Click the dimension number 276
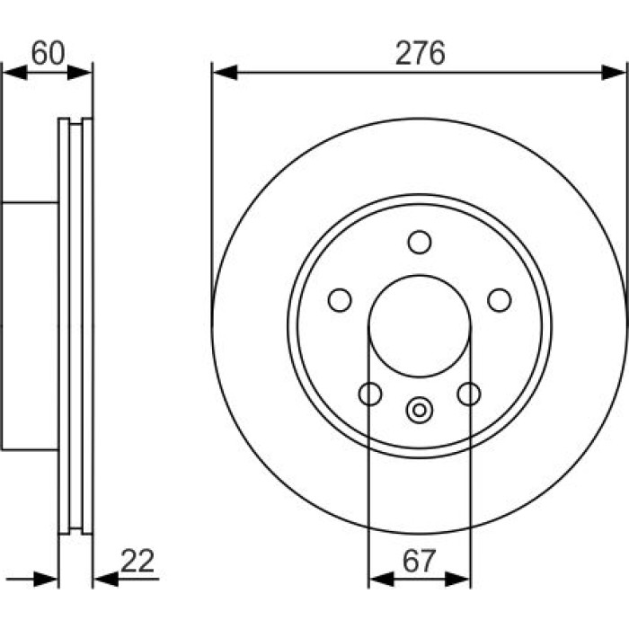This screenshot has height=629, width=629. [420, 53]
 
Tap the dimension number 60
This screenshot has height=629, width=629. [48, 53]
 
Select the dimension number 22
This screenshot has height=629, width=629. [137, 561]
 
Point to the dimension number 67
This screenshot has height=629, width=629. [419, 562]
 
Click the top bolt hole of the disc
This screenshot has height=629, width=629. [420, 243]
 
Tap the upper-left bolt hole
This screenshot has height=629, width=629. [340, 300]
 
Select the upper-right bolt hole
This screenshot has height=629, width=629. [500, 300]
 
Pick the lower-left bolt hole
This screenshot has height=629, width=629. [370, 394]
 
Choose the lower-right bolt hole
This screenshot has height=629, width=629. [469, 394]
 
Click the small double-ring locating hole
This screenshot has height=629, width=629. [420, 411]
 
